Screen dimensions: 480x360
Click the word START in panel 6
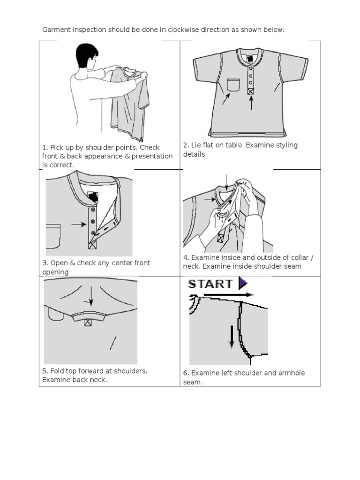[x=210, y=284]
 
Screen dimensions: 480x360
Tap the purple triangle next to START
[x=242, y=283]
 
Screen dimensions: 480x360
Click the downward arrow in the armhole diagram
[x=231, y=337]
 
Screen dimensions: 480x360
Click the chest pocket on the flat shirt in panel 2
[x=233, y=85]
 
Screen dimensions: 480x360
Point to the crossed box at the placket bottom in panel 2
[x=251, y=92]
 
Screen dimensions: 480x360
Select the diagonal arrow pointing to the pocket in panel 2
[x=226, y=99]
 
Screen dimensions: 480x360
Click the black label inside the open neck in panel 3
[x=93, y=197]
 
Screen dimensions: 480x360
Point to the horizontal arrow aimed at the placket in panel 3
[x=79, y=225]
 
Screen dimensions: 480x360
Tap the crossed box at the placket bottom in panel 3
[x=93, y=244]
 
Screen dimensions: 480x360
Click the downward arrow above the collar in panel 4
[x=227, y=182]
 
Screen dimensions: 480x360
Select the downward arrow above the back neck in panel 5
[x=91, y=296]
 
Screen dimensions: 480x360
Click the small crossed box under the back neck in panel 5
[x=88, y=322]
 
